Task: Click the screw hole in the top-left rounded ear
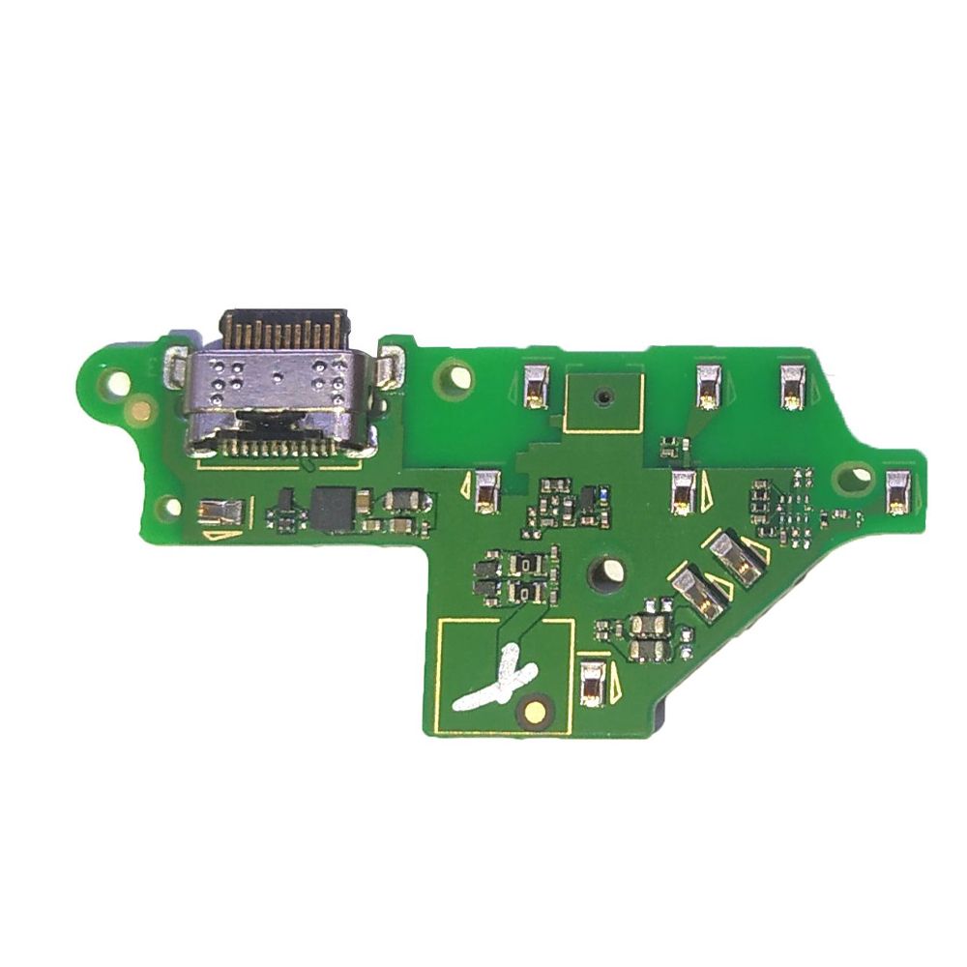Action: (117, 383)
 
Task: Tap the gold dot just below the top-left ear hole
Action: (141, 411)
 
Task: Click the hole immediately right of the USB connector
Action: (455, 374)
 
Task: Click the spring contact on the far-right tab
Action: (897, 491)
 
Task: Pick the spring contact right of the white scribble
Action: (592, 683)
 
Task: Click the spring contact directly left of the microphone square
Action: (535, 385)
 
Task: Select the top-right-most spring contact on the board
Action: (794, 384)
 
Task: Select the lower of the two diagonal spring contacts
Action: (698, 592)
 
